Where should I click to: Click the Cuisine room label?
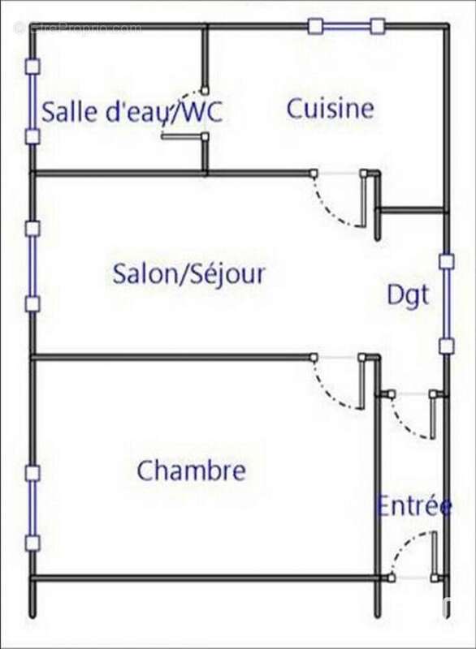pyautogui.click(x=330, y=109)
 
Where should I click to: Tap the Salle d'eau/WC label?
pyautogui.click(x=132, y=112)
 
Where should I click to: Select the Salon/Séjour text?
pyautogui.click(x=189, y=273)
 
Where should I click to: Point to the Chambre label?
pyautogui.click(x=191, y=471)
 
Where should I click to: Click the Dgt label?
pyautogui.click(x=407, y=296)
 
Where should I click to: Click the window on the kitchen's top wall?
pyautogui.click(x=346, y=27)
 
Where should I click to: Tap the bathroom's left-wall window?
pyautogui.click(x=32, y=101)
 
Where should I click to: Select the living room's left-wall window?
pyautogui.click(x=32, y=266)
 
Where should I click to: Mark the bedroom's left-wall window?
pyautogui.click(x=32, y=508)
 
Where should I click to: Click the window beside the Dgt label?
pyautogui.click(x=446, y=304)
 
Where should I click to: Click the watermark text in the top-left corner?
pyautogui.click(x=77, y=28)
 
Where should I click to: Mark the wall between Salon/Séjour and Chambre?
pyautogui.click(x=171, y=357)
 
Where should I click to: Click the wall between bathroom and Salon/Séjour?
pyautogui.click(x=118, y=173)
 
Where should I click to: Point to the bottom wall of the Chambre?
pyautogui.click(x=203, y=578)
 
